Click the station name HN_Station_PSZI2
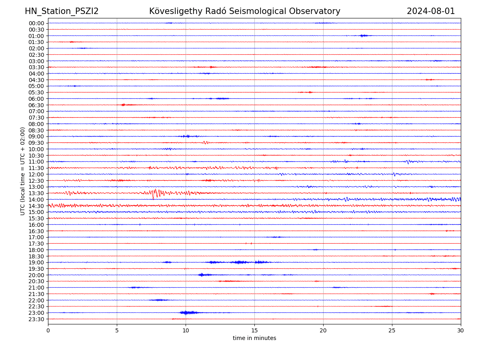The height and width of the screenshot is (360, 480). click(62, 11)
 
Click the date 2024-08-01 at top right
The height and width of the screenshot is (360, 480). click(431, 11)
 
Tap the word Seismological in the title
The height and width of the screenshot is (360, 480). click(239, 11)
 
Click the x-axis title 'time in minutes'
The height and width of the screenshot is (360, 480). click(254, 338)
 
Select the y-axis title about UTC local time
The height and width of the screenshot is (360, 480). click(23, 171)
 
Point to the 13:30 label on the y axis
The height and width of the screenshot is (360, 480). click(36, 193)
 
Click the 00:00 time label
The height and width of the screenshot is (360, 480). click(36, 23)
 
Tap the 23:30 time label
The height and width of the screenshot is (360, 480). click(36, 319)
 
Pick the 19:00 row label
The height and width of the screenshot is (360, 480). click(36, 262)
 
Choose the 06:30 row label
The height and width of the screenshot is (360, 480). click(36, 105)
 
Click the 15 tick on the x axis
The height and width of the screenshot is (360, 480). click(254, 330)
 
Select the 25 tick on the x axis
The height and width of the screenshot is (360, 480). click(392, 330)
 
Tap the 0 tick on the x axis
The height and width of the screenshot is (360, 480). click(48, 330)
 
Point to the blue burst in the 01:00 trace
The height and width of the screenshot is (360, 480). click(364, 36)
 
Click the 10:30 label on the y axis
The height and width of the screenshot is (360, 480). click(36, 155)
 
